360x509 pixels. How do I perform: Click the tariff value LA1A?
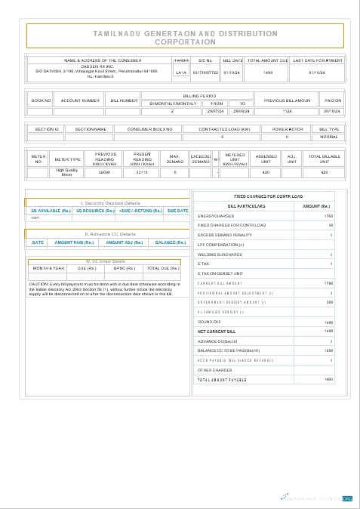tap(180, 72)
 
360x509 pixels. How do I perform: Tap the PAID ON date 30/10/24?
tap(332, 111)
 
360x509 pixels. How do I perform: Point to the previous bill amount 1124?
tap(285, 111)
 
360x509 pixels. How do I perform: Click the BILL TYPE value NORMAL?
tap(329, 137)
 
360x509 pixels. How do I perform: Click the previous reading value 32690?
tap(105, 172)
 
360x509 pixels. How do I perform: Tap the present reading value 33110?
tap(142, 172)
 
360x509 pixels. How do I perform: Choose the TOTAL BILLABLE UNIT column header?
tap(325, 159)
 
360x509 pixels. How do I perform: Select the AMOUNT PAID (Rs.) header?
tap(74, 242)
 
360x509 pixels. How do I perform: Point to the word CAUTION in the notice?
tap(38, 283)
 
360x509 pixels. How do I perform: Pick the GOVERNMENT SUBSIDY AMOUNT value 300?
tap(328, 302)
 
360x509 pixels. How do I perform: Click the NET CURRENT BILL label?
tap(217, 331)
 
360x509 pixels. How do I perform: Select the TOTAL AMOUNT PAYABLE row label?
tap(223, 379)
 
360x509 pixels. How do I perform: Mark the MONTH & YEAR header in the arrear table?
tap(49, 268)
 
